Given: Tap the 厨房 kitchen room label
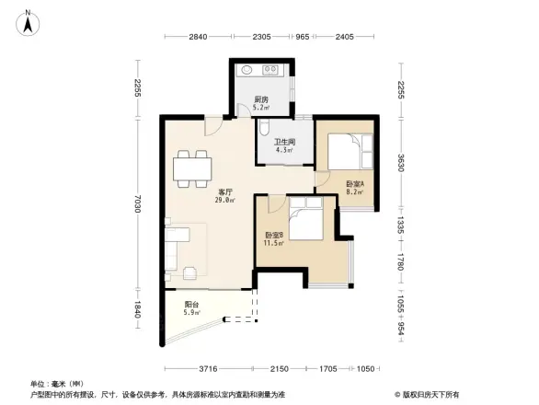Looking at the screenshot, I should coord(261,99).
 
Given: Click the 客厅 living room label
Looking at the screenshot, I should coord(224,190).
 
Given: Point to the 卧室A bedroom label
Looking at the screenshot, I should coord(355,184).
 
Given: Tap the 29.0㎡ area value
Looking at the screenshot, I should coord(224,200).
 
